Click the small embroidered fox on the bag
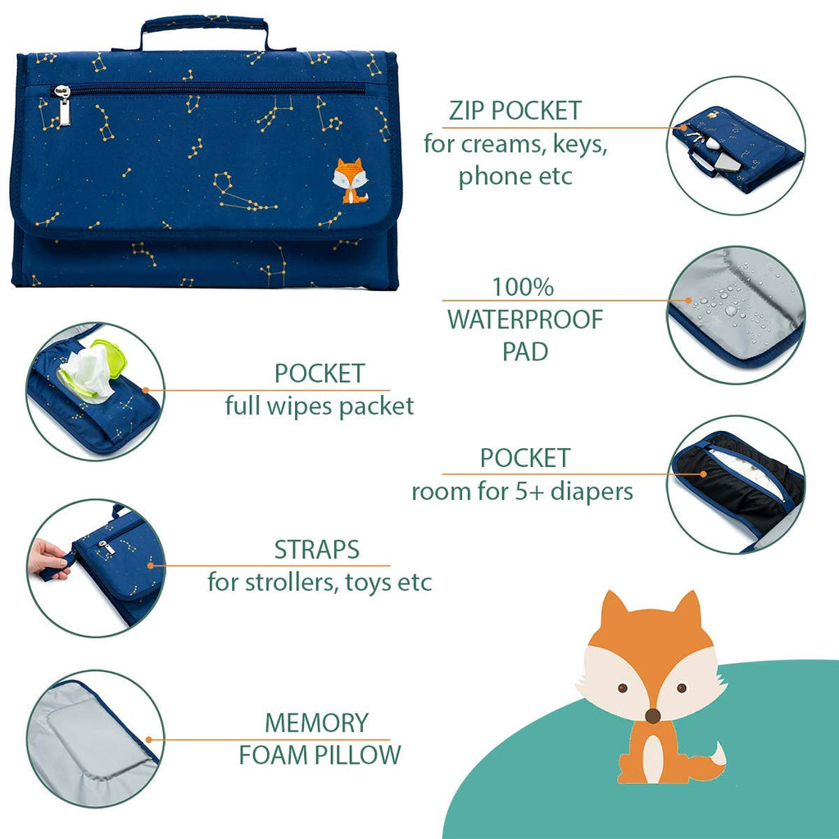349,181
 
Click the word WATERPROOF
524,320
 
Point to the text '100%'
523,288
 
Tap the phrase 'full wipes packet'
320,406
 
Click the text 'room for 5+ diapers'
522,492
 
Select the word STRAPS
317,550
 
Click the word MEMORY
316,723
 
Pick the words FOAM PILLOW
320,755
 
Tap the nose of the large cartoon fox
652,716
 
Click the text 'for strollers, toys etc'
320,583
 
